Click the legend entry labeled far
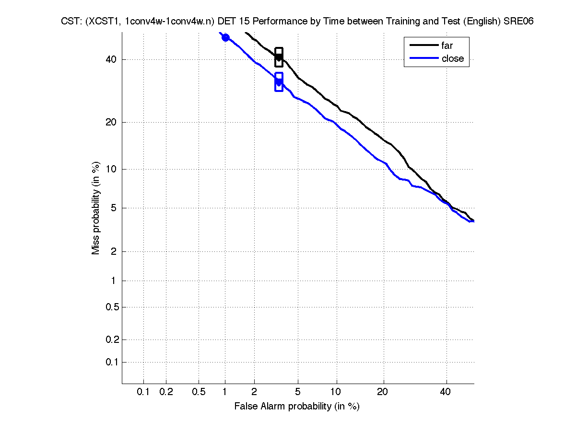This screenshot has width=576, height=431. tap(447, 46)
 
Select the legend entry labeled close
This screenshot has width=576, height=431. tap(452, 58)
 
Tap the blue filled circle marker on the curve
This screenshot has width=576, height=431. tap(225, 37)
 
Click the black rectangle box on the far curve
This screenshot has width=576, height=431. tap(279, 57)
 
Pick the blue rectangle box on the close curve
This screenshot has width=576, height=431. tap(279, 82)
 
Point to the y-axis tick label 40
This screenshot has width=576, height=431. tap(112, 59)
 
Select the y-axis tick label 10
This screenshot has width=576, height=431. tap(112, 169)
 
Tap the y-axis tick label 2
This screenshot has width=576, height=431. tap(114, 252)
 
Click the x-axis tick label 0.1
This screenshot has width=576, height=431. tap(143, 392)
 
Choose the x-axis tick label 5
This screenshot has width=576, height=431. tap(298, 392)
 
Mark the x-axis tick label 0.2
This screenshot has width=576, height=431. tap(166, 392)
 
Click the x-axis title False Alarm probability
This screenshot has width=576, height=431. tap(297, 407)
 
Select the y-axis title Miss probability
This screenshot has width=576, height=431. tap(96, 208)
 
